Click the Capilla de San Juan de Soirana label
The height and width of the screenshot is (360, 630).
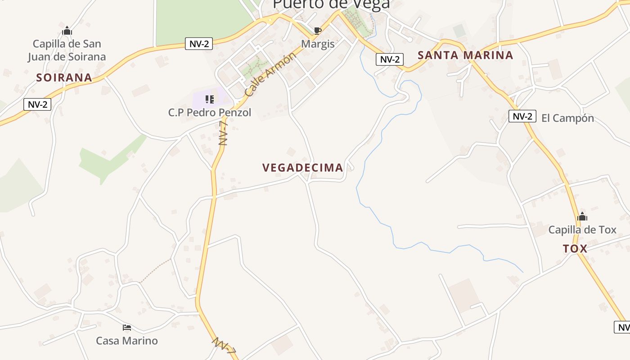67,50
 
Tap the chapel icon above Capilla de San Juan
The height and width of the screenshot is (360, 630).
67,31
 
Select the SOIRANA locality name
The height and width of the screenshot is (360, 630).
64,78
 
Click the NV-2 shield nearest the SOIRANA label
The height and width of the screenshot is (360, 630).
37,104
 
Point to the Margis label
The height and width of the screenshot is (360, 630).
318,44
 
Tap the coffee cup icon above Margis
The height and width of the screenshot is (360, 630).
317,31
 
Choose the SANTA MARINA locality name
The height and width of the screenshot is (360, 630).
465,55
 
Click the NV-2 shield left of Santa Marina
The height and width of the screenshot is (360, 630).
389,59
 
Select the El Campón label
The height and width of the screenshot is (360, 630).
567,118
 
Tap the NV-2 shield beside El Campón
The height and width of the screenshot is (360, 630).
522,116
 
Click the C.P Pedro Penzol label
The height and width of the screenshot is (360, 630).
210,112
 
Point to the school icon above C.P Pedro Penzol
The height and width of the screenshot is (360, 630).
209,99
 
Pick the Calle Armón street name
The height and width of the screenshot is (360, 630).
270,74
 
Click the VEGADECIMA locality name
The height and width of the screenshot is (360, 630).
303,168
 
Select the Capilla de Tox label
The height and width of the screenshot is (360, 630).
582,230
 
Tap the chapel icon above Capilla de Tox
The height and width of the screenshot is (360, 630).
582,217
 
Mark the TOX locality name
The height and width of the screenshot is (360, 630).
575,249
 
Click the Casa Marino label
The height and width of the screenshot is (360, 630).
127,341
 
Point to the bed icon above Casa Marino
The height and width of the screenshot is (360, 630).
127,327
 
